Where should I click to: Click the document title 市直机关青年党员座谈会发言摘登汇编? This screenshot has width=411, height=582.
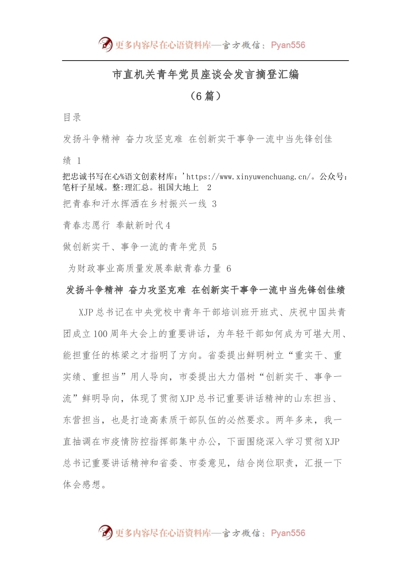(x=205, y=75)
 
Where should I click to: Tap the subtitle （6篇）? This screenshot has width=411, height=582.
(x=205, y=96)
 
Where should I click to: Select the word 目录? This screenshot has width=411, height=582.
(x=72, y=117)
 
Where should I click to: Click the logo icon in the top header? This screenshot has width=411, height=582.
(x=105, y=44)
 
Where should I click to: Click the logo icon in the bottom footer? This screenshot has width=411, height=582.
(x=105, y=532)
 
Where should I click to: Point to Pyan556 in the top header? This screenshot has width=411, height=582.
(x=288, y=45)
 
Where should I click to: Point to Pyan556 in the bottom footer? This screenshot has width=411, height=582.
(x=288, y=533)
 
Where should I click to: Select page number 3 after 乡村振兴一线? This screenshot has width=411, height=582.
(x=214, y=204)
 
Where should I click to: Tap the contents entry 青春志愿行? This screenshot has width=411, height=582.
(x=87, y=225)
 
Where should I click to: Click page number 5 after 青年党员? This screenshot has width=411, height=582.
(x=214, y=247)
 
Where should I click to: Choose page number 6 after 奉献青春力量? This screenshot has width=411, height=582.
(x=229, y=268)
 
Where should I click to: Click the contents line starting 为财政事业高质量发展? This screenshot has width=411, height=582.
(x=145, y=268)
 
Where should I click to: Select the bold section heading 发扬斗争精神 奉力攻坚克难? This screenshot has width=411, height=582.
(x=205, y=290)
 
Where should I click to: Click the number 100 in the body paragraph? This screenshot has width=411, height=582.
(x=100, y=334)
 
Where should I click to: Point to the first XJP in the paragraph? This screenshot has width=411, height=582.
(x=86, y=312)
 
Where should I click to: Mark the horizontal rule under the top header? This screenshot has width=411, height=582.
(x=205, y=61)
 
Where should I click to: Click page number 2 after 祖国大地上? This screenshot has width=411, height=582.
(x=209, y=188)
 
